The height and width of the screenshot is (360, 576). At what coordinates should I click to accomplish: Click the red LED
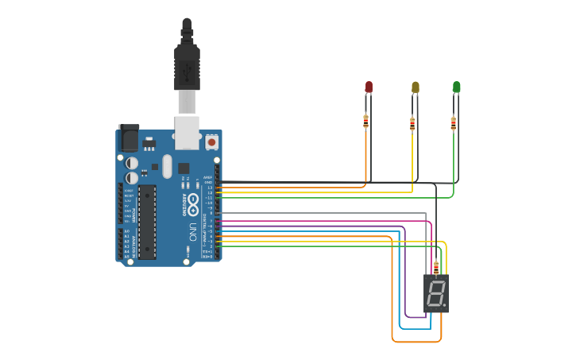pos(369,86)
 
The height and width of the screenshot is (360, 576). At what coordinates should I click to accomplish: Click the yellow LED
pos(415,87)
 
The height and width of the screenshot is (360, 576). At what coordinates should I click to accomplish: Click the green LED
pos(456,86)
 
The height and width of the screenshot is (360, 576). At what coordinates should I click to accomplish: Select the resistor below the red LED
pos(365,121)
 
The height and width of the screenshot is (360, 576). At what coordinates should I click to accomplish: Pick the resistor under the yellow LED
pos(412,123)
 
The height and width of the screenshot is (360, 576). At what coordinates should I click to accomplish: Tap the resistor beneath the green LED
pos(454,123)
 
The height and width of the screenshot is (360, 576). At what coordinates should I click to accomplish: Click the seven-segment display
pos(436,293)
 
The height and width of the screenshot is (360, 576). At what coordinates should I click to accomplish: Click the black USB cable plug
pos(187,68)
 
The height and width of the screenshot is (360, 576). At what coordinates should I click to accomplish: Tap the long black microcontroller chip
pos(147,222)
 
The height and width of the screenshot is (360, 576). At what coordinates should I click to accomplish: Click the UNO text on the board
pos(192,232)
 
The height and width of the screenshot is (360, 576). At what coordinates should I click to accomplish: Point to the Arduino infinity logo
pos(193,201)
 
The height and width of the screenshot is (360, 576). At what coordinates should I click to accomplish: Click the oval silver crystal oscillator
pos(166,166)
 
